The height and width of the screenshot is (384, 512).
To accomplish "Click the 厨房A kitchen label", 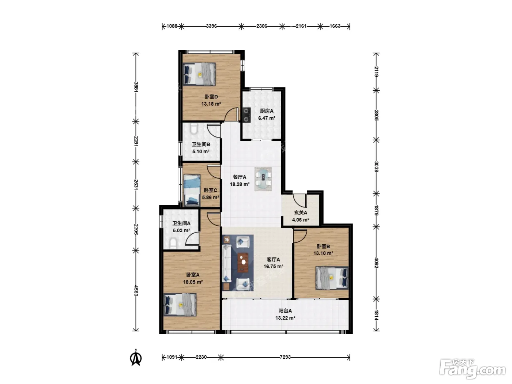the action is click(266, 111).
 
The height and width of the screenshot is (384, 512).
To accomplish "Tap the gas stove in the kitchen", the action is click(246, 115).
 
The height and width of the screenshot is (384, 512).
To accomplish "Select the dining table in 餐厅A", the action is click(263, 179).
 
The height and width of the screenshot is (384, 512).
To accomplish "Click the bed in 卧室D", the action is click(199, 74).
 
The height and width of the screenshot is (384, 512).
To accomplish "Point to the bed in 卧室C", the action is click(192, 191).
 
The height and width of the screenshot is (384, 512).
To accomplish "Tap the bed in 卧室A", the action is click(180, 305).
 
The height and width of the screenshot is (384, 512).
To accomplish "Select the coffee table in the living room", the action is click(243, 263).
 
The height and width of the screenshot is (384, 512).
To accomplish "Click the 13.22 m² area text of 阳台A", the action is click(285, 318).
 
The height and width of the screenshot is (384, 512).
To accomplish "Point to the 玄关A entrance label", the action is click(301, 212).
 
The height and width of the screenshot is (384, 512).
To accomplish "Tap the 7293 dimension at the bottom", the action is click(285, 357).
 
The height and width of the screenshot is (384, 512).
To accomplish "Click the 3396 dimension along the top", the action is click(211, 26).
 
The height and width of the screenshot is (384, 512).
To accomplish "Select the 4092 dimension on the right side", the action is click(376, 263).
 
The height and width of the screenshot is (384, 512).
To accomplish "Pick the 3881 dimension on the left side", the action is click(136, 87).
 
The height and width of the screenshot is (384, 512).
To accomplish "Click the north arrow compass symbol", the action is click(136, 357).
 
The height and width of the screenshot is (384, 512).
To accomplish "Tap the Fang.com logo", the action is click(472, 369).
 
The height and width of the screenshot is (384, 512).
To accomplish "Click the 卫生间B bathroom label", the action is click(201, 144).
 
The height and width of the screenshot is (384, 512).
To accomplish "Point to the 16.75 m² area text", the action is click(273, 266).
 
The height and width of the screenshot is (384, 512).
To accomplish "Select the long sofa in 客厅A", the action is click(227, 264).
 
